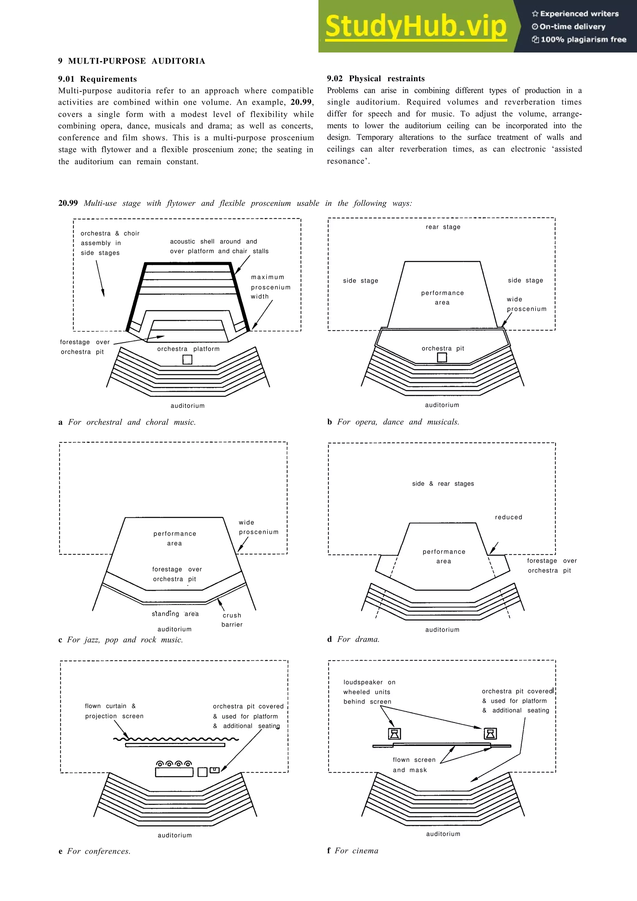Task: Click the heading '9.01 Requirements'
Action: click(x=97, y=79)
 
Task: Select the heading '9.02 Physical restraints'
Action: click(x=376, y=78)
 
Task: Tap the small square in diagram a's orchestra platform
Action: click(x=187, y=359)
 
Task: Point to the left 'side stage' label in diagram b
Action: click(x=360, y=280)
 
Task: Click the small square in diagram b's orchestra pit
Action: click(x=442, y=357)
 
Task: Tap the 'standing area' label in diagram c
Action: click(x=175, y=614)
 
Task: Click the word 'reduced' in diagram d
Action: click(x=508, y=517)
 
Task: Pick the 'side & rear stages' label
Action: click(x=443, y=483)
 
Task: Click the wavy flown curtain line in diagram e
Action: click(x=175, y=739)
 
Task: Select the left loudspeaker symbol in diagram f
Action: click(x=394, y=733)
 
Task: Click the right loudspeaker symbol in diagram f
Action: click(x=490, y=733)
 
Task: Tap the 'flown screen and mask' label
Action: click(x=414, y=765)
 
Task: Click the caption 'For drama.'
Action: click(x=358, y=639)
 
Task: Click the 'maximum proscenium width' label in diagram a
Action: click(x=270, y=287)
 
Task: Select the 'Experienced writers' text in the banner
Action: click(x=575, y=14)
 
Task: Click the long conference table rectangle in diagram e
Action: click(x=174, y=772)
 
